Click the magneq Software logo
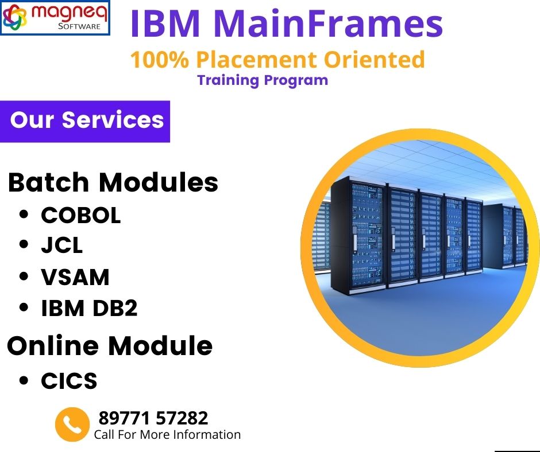pyautogui.click(x=55, y=18)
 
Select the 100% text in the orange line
pyautogui.click(x=160, y=59)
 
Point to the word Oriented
pyautogui.click(x=375, y=59)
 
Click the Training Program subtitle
pyautogui.click(x=263, y=80)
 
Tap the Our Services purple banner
pyautogui.click(x=85, y=122)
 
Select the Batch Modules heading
pyautogui.click(x=113, y=182)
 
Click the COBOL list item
pyautogui.click(x=80, y=215)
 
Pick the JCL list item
pyautogui.click(x=62, y=246)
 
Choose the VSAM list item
pyautogui.click(x=75, y=277)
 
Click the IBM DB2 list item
pyautogui.click(x=89, y=308)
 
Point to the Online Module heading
pyautogui.click(x=110, y=345)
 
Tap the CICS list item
pyautogui.click(x=69, y=381)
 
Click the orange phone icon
pyautogui.click(x=72, y=424)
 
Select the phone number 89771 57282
pyautogui.click(x=153, y=418)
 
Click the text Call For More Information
pyautogui.click(x=167, y=434)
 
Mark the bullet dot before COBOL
pyautogui.click(x=24, y=215)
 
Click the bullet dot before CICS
pyautogui.click(x=24, y=380)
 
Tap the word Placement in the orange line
pyautogui.click(x=257, y=59)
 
